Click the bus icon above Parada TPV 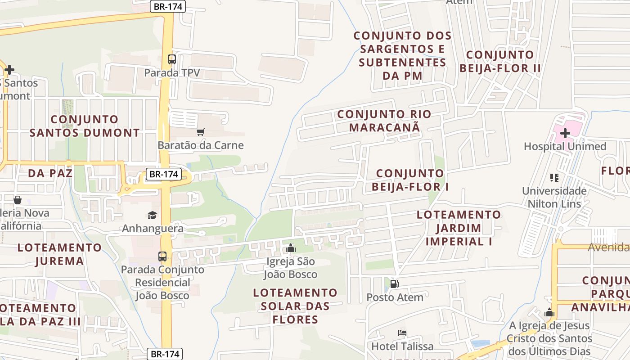pyautogui.click(x=171, y=59)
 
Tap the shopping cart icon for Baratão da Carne pyautogui.click(x=200, y=132)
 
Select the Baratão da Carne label pyautogui.click(x=200, y=145)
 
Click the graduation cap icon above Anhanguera pyautogui.click(x=153, y=215)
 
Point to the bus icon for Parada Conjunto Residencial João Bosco pyautogui.click(x=162, y=256)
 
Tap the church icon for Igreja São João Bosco pyautogui.click(x=291, y=248)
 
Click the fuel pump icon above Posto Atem pyautogui.click(x=394, y=284)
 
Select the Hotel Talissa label pyautogui.click(x=402, y=346)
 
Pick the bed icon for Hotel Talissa pyautogui.click(x=402, y=333)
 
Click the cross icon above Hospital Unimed pyautogui.click(x=565, y=133)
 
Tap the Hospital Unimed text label pyautogui.click(x=565, y=146)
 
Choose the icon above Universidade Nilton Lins pyautogui.click(x=554, y=178)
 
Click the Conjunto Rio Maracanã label pyautogui.click(x=384, y=121)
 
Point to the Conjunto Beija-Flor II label pyautogui.click(x=500, y=62)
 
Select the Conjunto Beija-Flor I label pyautogui.click(x=410, y=180)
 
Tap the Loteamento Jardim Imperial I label pyautogui.click(x=459, y=228)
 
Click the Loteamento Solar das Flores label pyautogui.click(x=295, y=306)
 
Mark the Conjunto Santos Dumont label pyautogui.click(x=85, y=126)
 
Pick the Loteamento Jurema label pyautogui.click(x=59, y=254)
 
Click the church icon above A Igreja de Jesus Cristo pyautogui.click(x=549, y=313)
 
